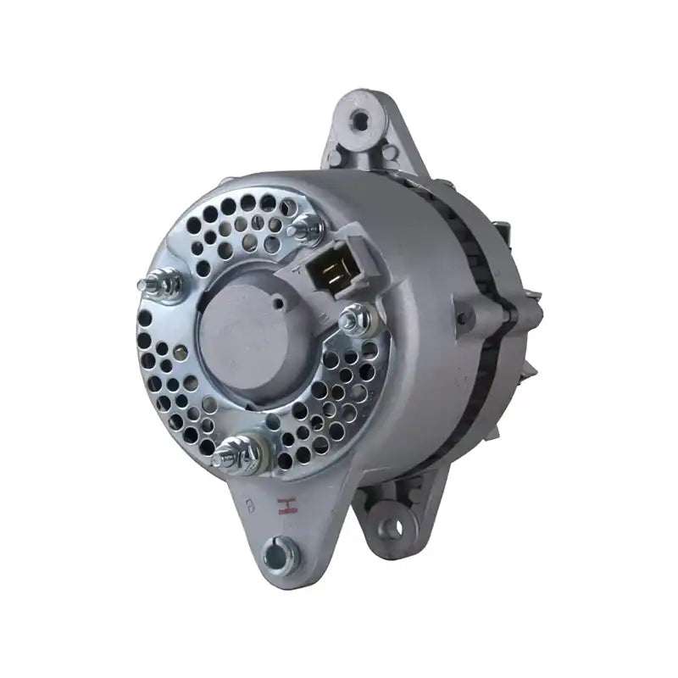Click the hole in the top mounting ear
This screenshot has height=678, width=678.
[360, 122]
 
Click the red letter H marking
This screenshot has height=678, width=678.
[286, 507]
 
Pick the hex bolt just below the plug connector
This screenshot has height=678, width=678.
[354, 320]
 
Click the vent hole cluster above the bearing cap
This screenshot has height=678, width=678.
[242, 225]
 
